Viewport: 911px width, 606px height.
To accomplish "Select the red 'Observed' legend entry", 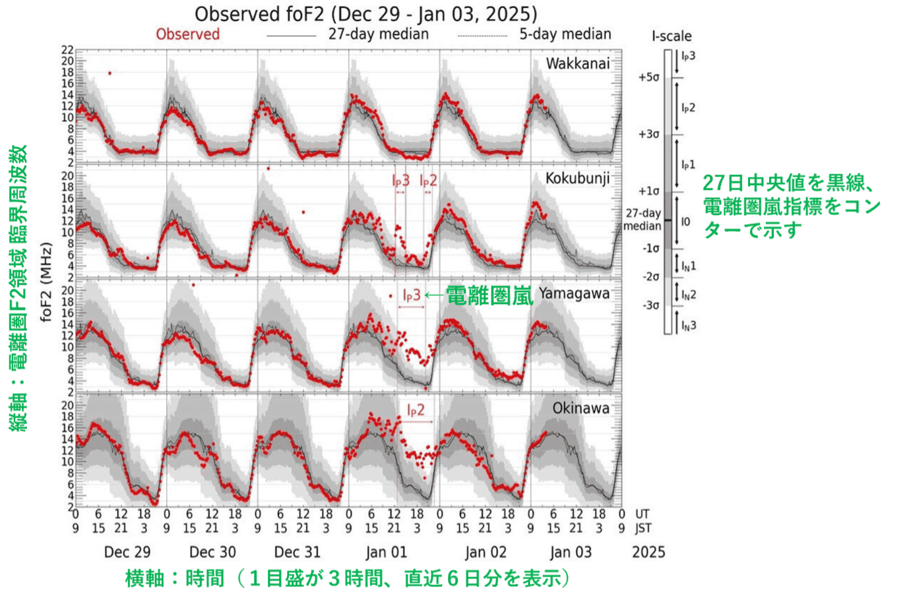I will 187,34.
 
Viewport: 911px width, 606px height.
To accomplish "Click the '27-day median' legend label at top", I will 379,34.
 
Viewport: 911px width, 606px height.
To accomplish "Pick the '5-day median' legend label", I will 565,34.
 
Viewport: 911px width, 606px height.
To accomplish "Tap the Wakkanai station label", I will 577,64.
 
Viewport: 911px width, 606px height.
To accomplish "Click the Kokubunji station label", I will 577,178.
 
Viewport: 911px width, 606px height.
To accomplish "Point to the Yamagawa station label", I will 574,293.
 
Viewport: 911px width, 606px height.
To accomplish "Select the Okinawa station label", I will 581,408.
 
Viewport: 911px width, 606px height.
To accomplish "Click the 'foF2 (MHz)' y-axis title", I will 46,283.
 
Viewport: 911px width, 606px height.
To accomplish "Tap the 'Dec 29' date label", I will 127,552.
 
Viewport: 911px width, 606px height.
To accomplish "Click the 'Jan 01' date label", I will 386,552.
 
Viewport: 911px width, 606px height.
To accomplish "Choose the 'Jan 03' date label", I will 571,552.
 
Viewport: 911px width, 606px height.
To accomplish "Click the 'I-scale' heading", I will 672,36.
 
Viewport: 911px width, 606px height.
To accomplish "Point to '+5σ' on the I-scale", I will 648,77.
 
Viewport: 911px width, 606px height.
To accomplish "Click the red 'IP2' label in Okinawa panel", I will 416,410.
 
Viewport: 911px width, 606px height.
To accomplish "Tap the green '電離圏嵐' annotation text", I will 489,295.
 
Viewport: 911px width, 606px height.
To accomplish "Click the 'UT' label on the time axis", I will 642,514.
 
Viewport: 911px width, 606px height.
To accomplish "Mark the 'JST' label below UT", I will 643,528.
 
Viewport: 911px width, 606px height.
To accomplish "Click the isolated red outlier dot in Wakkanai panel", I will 110,73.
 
